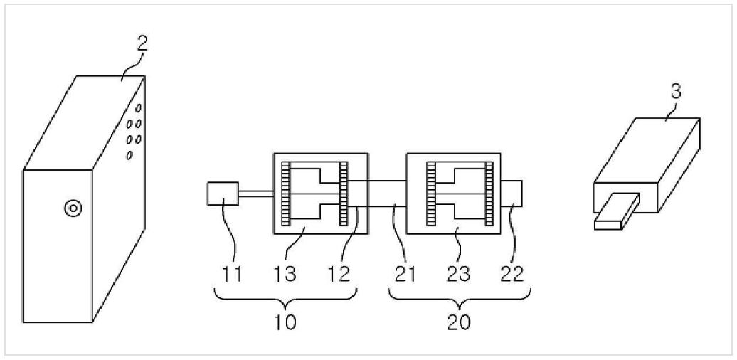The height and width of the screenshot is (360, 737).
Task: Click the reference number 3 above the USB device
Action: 675,92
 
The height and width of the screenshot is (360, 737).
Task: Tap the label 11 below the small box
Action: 232,273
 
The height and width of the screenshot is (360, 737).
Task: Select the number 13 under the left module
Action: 285,273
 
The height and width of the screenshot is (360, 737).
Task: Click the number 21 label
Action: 405,273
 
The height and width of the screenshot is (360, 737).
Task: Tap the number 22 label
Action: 512,273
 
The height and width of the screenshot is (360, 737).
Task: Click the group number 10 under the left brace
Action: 285,322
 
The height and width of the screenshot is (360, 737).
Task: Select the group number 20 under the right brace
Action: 459,322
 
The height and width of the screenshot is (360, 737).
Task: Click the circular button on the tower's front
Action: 73,207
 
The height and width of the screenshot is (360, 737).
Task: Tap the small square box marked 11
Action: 223,194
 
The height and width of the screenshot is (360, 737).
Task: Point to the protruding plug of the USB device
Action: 617,211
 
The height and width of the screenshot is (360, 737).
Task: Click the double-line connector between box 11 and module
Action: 256,193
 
